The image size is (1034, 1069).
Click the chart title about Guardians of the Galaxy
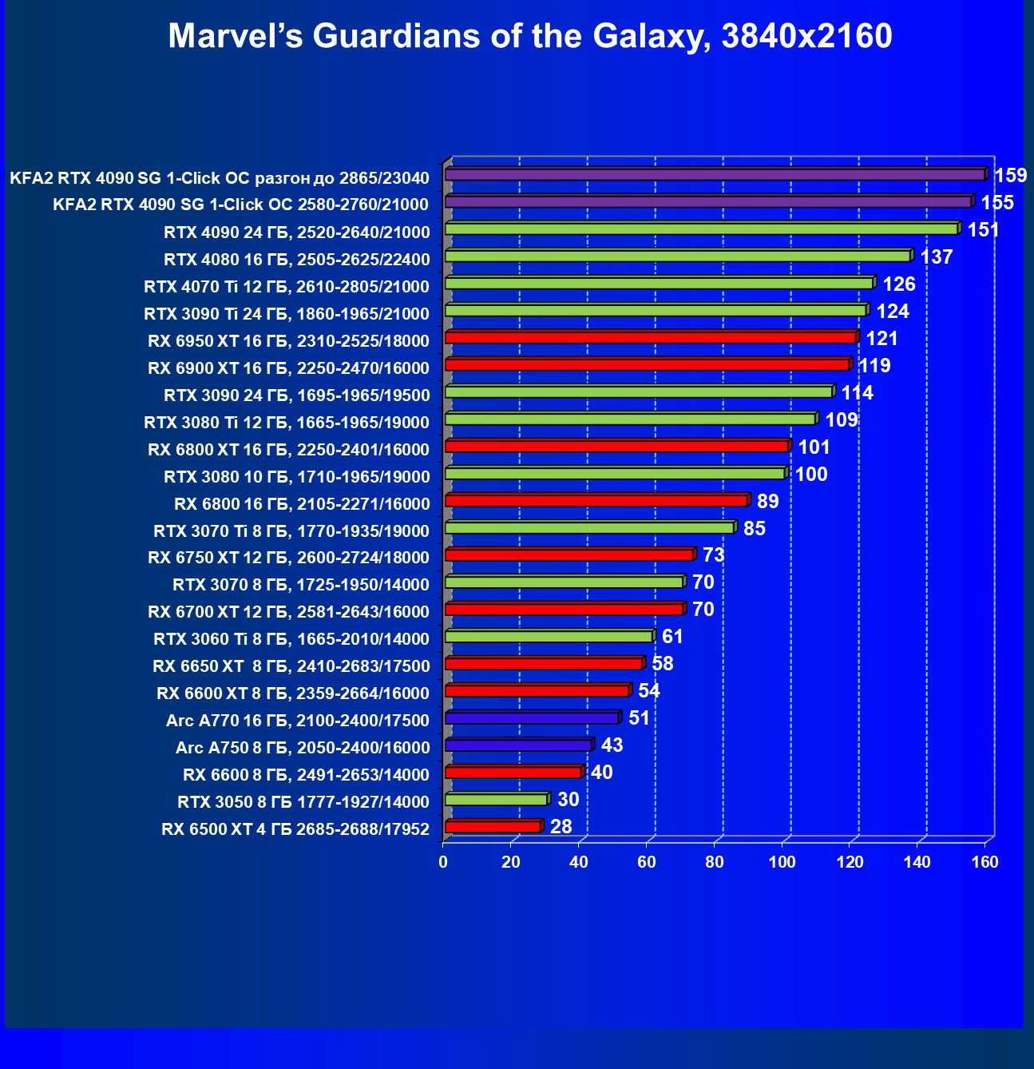click(529, 36)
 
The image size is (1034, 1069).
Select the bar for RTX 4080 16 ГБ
click(677, 256)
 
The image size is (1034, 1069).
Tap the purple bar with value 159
click(715, 174)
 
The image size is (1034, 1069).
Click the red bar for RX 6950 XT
click(650, 338)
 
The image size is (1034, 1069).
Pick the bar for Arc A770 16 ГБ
click(531, 718)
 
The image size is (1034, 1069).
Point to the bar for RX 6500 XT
click(493, 827)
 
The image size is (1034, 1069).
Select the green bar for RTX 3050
click(496, 800)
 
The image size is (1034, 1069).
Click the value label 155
click(997, 203)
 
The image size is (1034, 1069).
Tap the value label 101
click(814, 447)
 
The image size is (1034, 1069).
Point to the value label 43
click(612, 745)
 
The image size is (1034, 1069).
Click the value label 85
click(754, 529)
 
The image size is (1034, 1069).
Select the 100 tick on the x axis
click(782, 862)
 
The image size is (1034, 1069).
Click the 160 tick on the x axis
click(985, 862)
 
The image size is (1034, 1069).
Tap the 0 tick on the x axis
click(443, 862)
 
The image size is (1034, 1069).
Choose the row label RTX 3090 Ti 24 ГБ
click(287, 314)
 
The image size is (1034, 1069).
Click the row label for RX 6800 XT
click(288, 450)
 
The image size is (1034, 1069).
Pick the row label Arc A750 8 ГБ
click(303, 748)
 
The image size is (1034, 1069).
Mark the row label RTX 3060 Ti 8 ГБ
click(291, 639)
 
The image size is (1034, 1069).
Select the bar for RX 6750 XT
click(569, 555)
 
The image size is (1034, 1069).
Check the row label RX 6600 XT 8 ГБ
click(293, 693)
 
